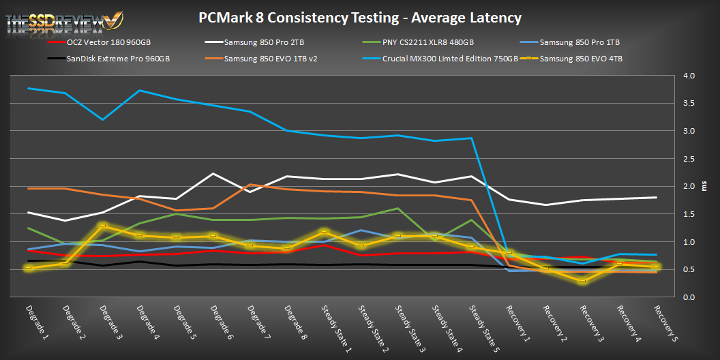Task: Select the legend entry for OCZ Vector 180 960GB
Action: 108,42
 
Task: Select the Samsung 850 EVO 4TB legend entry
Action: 580,59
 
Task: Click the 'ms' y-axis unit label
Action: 704,186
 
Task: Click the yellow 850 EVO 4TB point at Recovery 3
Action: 582,281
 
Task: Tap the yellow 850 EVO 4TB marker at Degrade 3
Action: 102,226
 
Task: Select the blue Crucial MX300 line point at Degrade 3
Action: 102,119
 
